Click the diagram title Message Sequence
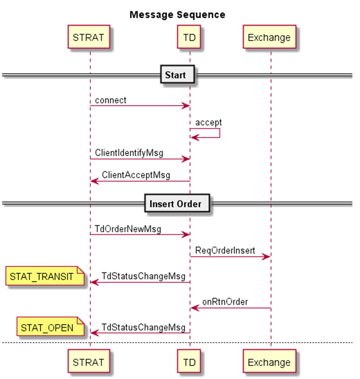coord(177,15)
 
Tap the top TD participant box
coord(189,37)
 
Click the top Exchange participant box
coord(269,37)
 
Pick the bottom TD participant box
coord(189,362)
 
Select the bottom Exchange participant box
coord(269,362)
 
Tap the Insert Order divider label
coord(175,204)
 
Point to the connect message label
coord(110,100)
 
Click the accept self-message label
coord(208,122)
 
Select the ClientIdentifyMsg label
coord(129,153)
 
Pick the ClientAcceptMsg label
coord(136,175)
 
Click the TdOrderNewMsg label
coord(128,229)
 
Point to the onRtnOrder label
coord(225,302)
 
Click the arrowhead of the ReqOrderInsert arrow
coord(267,257)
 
